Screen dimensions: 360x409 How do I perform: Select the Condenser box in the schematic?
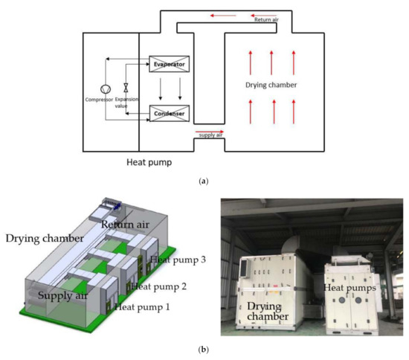[169, 114]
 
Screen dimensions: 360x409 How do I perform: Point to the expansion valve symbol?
[126, 87]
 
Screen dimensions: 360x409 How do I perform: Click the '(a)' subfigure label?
[204, 181]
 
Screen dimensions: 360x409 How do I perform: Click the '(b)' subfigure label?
[204, 349]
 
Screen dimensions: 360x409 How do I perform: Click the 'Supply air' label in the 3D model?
[62, 296]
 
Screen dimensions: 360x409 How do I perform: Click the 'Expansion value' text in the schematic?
[127, 102]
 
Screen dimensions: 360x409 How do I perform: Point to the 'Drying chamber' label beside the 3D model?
[43, 239]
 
